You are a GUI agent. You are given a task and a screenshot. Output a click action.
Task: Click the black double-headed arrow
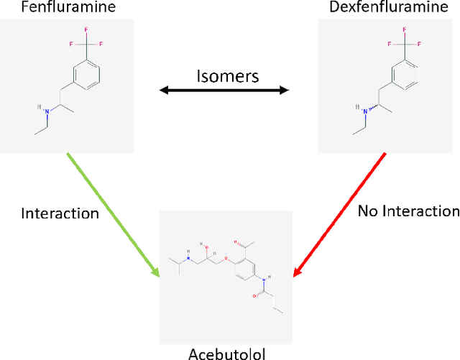(224, 91)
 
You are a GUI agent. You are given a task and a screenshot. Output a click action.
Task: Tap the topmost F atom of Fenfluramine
(84, 30)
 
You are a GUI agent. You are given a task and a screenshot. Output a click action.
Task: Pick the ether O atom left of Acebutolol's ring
(226, 261)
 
